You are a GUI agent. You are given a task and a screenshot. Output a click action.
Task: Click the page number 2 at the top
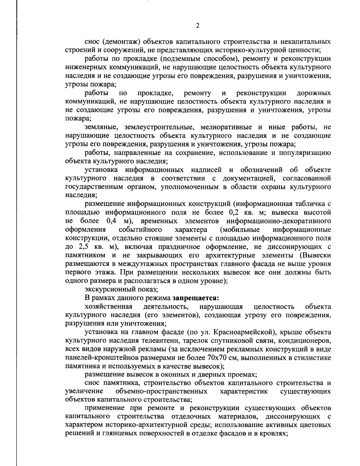tap(197, 26)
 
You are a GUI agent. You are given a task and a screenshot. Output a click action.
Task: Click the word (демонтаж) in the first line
tap(119, 41)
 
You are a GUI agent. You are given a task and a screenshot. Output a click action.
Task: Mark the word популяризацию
tap(305, 153)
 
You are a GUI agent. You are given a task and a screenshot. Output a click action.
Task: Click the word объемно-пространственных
tap(161, 392)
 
